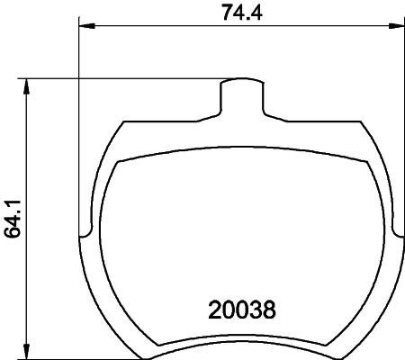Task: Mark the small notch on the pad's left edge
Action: [x=85, y=236]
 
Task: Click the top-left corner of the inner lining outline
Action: [x=119, y=162]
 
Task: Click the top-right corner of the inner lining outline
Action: [x=366, y=162]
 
